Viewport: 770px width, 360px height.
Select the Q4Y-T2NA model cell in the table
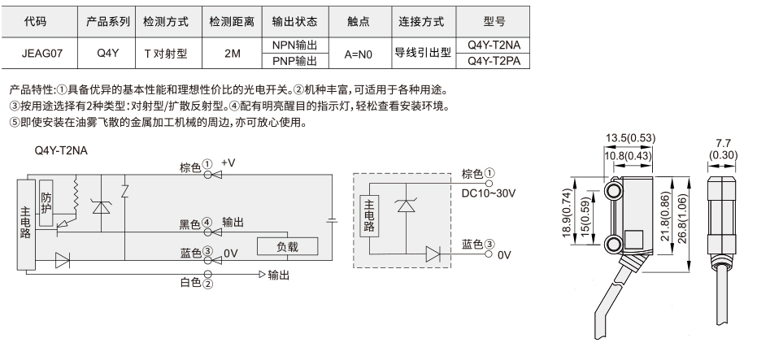[493, 46]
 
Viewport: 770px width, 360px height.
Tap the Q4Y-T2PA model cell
[493, 61]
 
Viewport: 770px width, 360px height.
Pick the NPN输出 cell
[295, 46]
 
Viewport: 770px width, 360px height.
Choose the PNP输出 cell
[295, 61]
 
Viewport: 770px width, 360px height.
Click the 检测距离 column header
[232, 22]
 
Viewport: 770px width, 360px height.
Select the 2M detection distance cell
[232, 53]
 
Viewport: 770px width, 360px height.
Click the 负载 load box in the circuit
[287, 246]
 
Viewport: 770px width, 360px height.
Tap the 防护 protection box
[46, 203]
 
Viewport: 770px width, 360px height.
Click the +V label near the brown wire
[228, 163]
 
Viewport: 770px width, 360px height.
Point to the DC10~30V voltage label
[488, 193]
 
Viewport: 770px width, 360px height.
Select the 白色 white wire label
[191, 283]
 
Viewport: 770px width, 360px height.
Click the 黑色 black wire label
[190, 224]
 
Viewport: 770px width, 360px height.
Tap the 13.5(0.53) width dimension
[630, 138]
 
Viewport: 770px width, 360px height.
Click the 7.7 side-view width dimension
[723, 143]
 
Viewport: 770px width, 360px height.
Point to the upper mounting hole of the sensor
[612, 190]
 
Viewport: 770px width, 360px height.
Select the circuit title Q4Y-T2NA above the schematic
[61, 151]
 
